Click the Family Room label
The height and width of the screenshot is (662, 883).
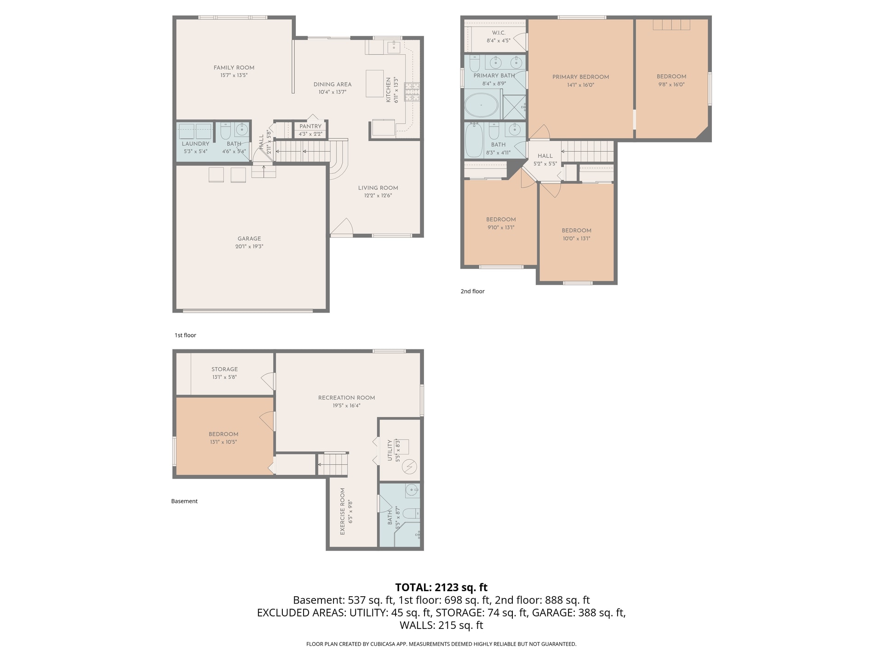point(234,68)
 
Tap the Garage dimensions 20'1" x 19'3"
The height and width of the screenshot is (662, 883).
point(249,246)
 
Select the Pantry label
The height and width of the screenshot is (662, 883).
point(310,126)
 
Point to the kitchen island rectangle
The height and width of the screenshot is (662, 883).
point(375,83)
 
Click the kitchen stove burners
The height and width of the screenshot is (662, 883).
point(412,91)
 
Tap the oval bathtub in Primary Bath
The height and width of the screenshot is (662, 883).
point(482,105)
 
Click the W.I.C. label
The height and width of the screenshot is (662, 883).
point(499,33)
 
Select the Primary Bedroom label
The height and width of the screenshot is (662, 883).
point(580,77)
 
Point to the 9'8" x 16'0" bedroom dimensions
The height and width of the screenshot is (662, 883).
point(671,85)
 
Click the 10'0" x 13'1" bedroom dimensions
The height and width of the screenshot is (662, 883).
point(576,239)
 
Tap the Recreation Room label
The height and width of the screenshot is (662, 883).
point(346,398)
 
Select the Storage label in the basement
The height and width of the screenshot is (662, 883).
point(224,369)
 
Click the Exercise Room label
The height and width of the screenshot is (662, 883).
point(342,511)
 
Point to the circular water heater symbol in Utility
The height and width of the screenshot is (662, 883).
point(409,467)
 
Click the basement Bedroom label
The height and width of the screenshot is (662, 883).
point(224,434)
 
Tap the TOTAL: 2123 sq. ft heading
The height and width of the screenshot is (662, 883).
point(441,588)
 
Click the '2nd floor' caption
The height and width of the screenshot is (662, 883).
point(473,291)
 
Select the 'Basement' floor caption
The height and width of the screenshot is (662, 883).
point(184,501)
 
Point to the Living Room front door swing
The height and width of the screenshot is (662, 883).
point(342,226)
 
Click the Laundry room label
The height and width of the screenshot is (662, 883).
point(195,144)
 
